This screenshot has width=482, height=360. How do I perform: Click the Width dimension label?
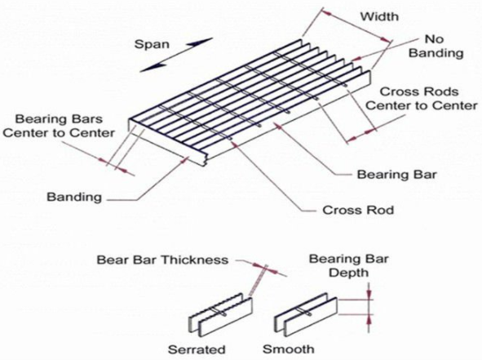point(379,16)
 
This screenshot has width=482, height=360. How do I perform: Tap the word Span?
point(152,44)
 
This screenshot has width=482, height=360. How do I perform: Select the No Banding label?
point(436,47)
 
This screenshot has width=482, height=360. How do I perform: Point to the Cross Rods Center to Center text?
point(422,99)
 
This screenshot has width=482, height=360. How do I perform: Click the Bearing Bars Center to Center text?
point(59,126)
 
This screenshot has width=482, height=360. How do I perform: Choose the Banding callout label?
point(74,197)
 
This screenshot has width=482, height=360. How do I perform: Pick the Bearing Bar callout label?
point(396,175)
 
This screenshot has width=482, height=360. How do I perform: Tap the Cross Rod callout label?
point(358,210)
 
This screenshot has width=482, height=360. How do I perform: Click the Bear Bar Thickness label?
point(162,260)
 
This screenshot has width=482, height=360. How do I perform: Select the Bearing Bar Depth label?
point(348,266)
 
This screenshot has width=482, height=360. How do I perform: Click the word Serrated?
point(197,349)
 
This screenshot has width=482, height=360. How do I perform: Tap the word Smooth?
point(289,349)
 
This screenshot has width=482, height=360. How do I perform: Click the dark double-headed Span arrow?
point(176,55)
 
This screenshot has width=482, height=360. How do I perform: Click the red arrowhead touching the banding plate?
point(185,159)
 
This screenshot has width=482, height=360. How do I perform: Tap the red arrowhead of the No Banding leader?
point(356,58)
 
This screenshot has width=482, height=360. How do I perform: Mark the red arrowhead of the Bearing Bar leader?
point(277,125)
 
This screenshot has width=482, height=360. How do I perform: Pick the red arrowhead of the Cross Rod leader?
point(236,144)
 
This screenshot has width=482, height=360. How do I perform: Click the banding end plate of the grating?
point(167,144)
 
